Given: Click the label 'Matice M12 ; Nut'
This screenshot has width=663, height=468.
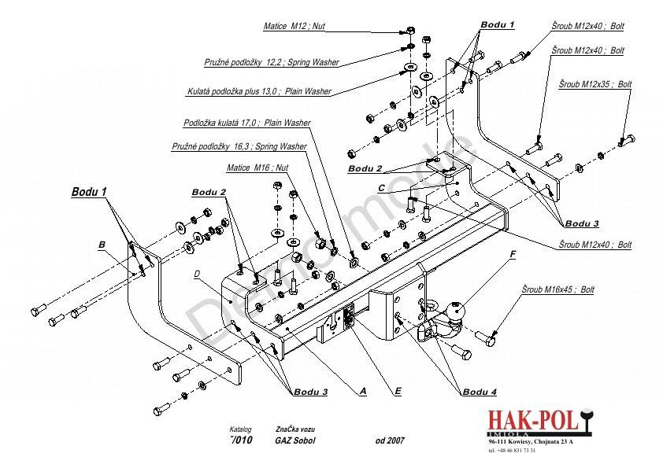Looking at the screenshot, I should pos(294,27).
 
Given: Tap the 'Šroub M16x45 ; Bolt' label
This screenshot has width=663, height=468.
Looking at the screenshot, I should pos(558,290).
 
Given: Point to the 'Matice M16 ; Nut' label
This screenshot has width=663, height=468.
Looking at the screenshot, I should pos(257,168).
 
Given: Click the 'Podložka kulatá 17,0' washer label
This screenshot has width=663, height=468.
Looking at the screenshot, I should pos(246,123).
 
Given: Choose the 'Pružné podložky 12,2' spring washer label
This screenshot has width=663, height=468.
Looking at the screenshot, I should pos(265,61).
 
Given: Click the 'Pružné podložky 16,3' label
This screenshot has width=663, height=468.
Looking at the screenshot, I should pos(239,147).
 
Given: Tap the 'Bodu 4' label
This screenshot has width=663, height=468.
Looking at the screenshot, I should pos(480,392).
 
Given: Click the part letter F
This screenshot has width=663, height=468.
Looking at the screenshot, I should pos(513,254).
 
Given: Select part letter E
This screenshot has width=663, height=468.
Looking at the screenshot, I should pos(398,390).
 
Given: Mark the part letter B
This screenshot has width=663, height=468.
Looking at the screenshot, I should pos(102,245).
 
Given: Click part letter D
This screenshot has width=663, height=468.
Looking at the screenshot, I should pos(196,275).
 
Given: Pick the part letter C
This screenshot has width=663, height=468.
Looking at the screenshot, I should pos(381,188).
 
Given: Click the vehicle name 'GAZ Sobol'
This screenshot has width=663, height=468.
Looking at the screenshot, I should pos(295,440).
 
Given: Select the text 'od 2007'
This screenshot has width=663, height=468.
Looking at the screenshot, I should pos(390,440).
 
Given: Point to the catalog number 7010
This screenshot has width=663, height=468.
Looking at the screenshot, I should pos(242,440).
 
